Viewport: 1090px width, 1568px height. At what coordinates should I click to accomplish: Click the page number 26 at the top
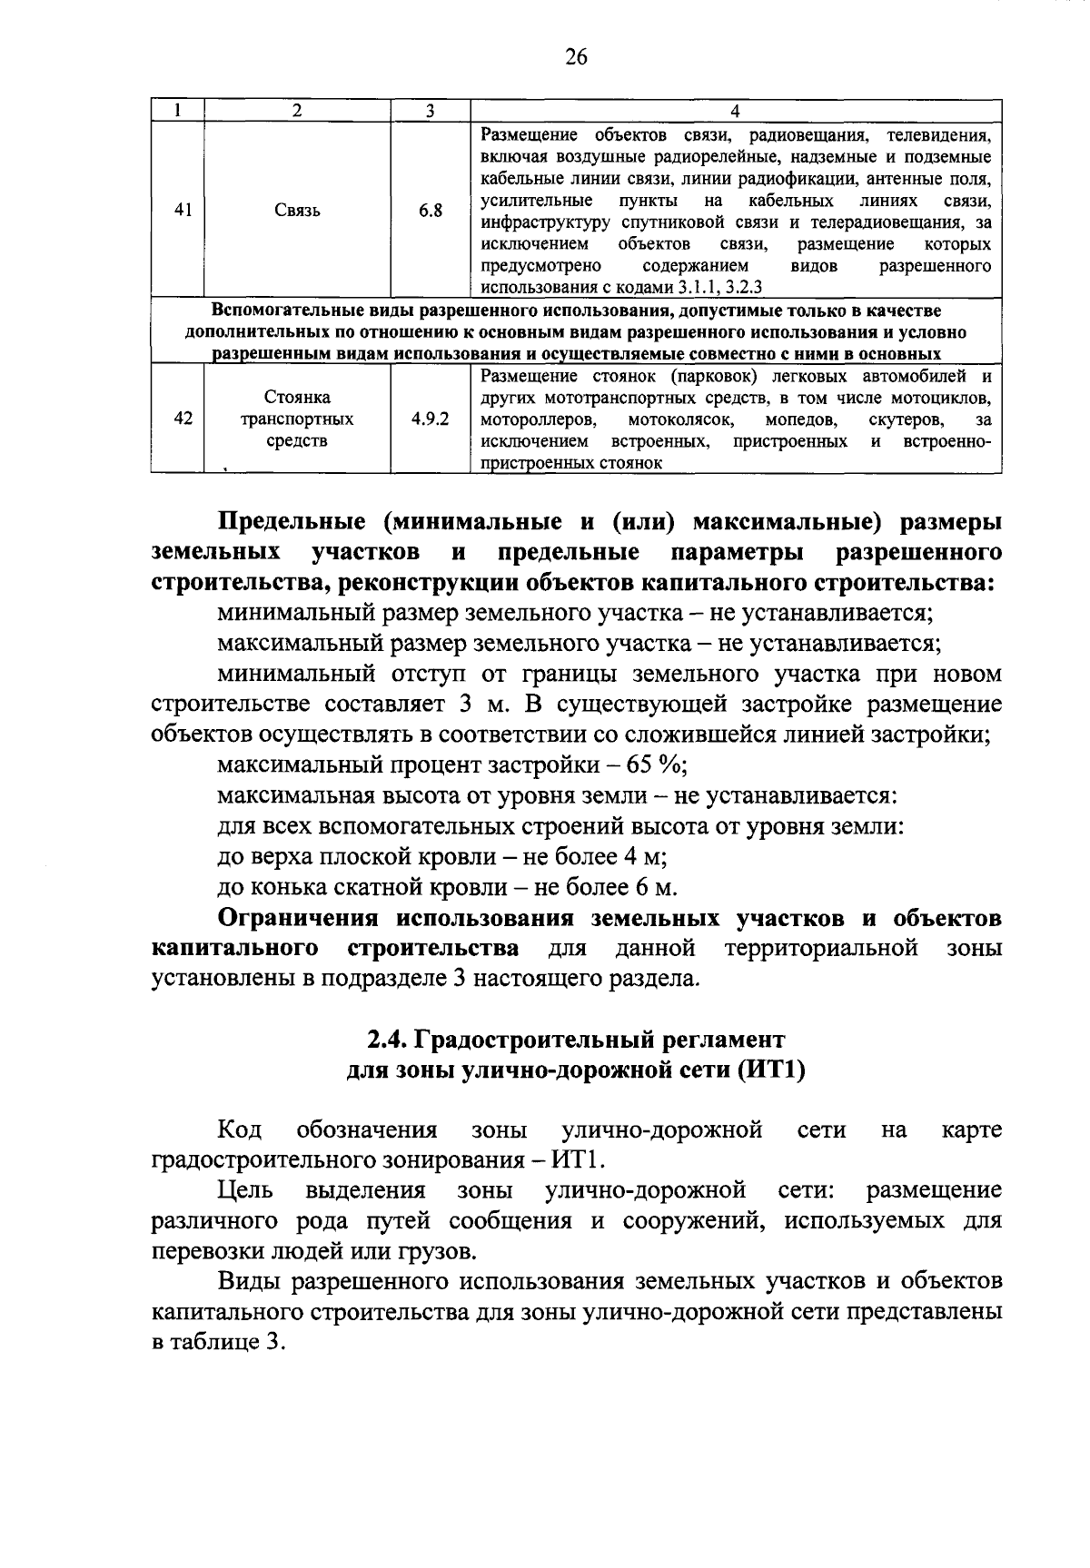point(576,57)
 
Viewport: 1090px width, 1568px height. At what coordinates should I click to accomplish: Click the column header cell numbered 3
point(430,111)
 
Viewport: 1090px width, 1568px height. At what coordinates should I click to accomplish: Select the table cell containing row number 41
point(183,210)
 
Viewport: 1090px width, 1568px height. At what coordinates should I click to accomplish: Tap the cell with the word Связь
point(297,211)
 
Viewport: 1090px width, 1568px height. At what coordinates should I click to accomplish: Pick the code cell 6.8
point(431,211)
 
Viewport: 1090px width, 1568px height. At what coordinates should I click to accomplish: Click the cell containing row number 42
point(183,419)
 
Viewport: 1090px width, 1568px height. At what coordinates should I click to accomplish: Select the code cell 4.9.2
point(430,419)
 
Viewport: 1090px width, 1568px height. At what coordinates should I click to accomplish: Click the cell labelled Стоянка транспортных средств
point(297,419)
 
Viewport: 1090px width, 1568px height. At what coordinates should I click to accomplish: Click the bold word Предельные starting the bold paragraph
point(292,522)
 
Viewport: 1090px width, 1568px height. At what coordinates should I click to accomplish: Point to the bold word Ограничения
point(303,918)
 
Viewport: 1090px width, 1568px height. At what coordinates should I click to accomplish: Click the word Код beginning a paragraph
point(240,1130)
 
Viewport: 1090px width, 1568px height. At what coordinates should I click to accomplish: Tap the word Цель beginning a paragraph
point(245,1190)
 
